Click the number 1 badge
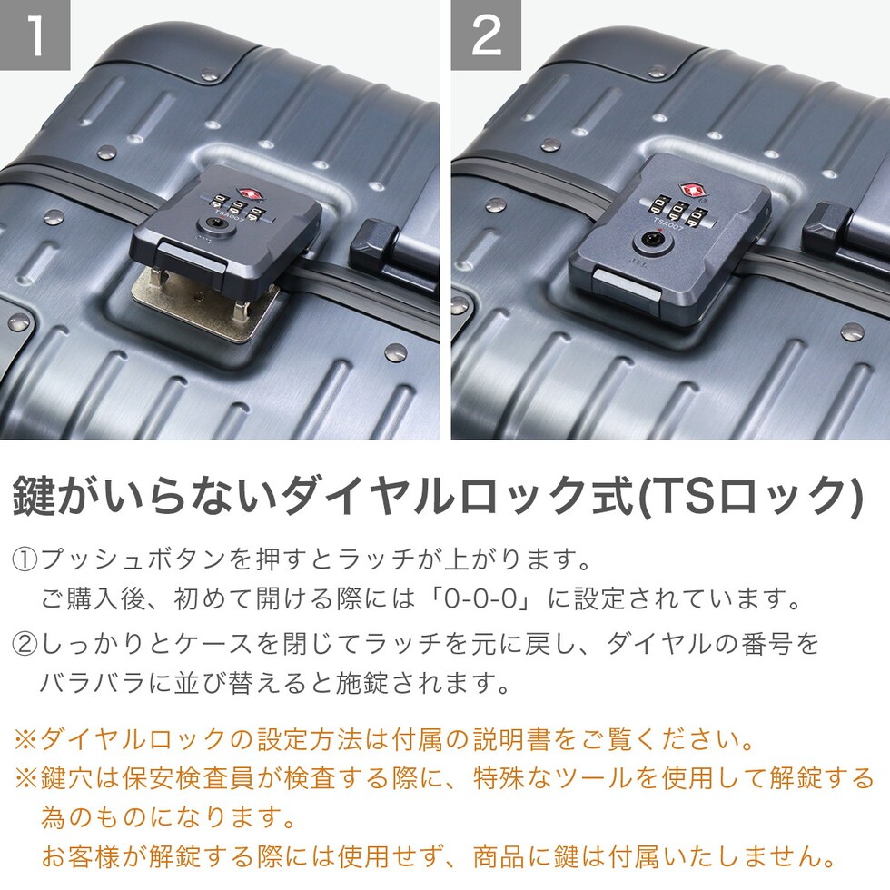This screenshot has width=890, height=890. click(35, 35)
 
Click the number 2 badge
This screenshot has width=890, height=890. click(486, 35)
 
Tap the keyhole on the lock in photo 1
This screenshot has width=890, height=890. click(216, 227)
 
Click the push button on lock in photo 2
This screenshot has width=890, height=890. click(627, 285)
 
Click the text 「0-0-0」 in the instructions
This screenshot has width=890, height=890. click(481, 598)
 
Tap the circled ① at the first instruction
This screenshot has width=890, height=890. click(25, 559)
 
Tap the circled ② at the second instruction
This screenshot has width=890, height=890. click(25, 644)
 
